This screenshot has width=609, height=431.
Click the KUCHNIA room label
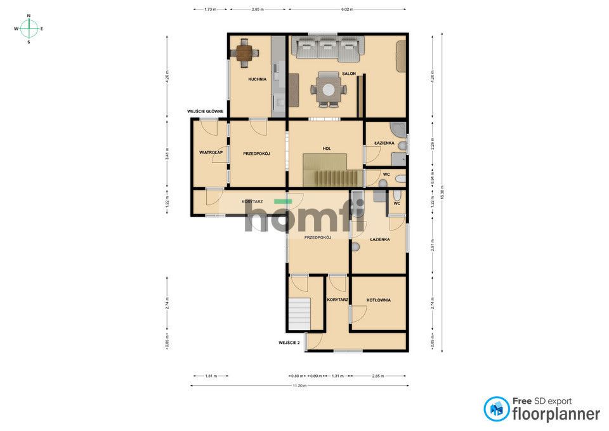(257, 79)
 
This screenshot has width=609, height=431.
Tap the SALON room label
(348, 74)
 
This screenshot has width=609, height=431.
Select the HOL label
(327, 149)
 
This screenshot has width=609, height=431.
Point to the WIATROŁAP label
(209, 152)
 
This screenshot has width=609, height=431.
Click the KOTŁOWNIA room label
(378, 300)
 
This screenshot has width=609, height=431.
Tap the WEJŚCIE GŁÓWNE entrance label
(205, 111)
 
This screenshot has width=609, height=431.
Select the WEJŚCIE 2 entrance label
(289, 343)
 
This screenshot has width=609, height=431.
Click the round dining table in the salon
(328, 90)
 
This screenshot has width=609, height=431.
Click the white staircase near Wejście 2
(299, 314)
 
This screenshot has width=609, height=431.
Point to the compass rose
(29, 29)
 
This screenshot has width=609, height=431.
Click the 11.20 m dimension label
(299, 385)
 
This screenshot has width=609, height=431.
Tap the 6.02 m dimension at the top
(347, 10)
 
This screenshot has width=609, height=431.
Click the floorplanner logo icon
(497, 409)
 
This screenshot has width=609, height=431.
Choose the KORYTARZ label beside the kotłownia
(337, 300)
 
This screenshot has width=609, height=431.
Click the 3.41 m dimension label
(167, 153)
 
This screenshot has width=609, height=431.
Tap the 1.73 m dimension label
(210, 10)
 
